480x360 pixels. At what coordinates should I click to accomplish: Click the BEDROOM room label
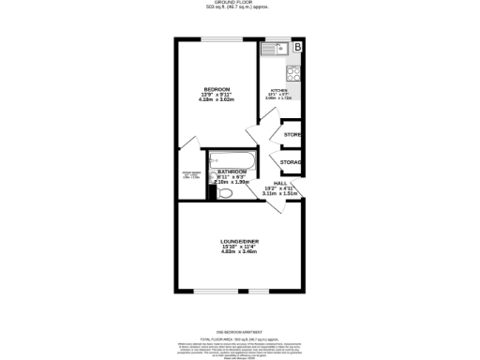[x=217, y=89]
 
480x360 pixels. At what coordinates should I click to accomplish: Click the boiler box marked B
[x=298, y=46]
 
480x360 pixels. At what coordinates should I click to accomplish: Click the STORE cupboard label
[x=291, y=135]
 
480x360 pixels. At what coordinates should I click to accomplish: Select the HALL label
[x=280, y=183]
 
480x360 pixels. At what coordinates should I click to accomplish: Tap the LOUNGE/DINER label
[x=233, y=241]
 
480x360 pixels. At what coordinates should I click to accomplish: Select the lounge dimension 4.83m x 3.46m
[x=233, y=253]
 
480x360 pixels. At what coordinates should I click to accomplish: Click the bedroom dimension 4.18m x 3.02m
[x=217, y=101]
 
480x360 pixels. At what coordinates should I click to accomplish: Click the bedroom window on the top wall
[x=217, y=39]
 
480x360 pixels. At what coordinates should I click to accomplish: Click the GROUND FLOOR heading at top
[x=240, y=4]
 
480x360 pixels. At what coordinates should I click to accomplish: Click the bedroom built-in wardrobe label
[x=190, y=174]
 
